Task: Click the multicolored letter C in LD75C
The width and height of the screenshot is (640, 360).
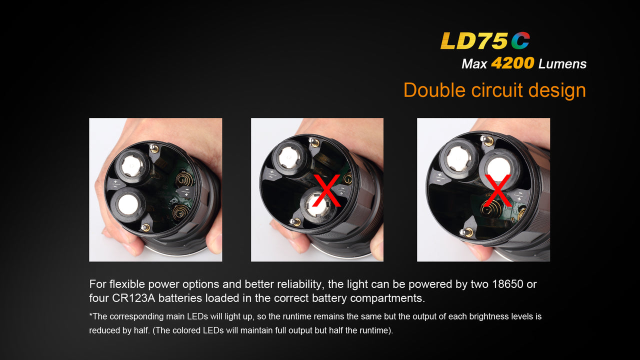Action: pos(520,40)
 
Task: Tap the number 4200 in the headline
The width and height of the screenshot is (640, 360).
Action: pos(512,63)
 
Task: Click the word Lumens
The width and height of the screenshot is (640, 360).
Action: pos(562,63)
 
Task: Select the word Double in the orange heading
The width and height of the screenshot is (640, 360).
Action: pos(434,90)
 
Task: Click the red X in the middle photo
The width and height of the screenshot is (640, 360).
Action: pos(327,190)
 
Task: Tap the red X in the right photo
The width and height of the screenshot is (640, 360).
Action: pos(497,190)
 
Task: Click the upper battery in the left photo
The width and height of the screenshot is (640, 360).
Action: pos(132,166)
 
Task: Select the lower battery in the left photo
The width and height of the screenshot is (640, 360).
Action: pos(127,204)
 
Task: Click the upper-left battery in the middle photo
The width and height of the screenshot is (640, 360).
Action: pos(289,157)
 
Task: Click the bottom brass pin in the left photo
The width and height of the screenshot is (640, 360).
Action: pos(145,227)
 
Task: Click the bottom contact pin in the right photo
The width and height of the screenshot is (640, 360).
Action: pos(466,232)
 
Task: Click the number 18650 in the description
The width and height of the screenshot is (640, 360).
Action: pos(507,284)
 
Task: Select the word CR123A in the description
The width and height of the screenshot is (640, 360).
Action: pos(133,298)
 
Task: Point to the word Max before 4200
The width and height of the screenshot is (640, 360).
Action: pos(474,64)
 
